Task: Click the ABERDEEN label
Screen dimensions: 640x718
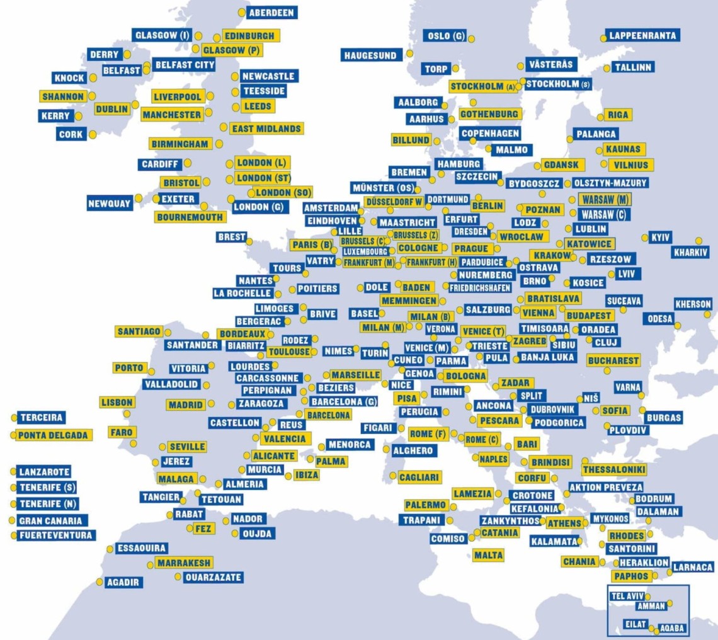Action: coord(272,13)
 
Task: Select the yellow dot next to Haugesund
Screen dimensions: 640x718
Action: coord(409,54)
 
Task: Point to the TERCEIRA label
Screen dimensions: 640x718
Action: coord(42,418)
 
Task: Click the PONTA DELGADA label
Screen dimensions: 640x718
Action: coord(54,435)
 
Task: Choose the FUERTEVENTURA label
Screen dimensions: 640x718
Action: coord(56,535)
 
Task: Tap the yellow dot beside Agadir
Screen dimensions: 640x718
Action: coord(99,581)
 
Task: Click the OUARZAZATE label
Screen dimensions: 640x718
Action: coord(213,577)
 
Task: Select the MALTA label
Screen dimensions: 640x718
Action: coord(489,555)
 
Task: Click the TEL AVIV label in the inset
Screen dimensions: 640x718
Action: coord(627,596)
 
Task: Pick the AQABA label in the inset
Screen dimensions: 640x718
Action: coord(671,629)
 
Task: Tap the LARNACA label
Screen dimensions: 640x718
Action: coord(693,568)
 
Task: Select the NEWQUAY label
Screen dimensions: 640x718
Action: coord(110,203)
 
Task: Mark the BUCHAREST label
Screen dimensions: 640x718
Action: coord(613,361)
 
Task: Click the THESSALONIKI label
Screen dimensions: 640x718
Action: coord(614,470)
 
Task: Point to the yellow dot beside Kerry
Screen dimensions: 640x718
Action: coord(78,117)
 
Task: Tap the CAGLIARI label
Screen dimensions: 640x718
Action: coord(419,477)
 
